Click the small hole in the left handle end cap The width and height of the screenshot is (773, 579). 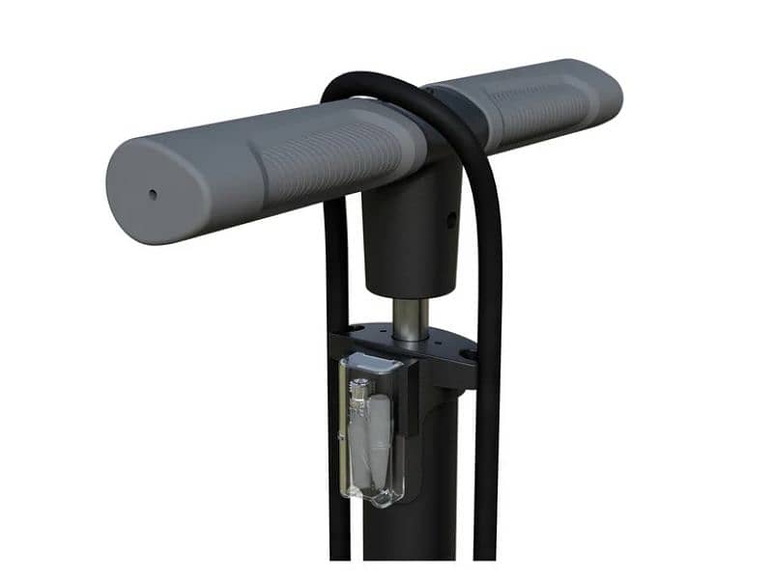[153, 194]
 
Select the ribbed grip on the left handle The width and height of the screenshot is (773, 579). [329, 159]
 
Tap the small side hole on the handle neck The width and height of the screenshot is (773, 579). [450, 220]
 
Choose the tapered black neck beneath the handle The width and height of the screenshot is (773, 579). [411, 241]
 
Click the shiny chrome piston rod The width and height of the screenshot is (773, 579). [410, 318]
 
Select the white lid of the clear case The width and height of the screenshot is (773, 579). [373, 366]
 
